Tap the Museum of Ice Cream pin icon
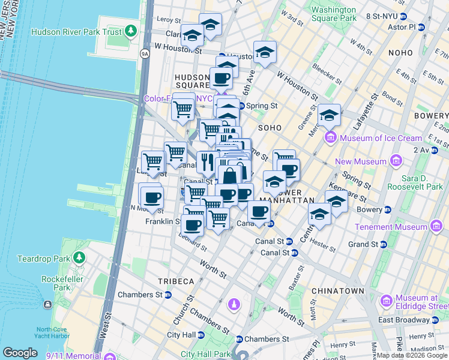click(x=330, y=139)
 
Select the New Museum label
click(x=360, y=161)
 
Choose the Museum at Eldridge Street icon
click(x=386, y=299)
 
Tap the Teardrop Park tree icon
click(x=79, y=258)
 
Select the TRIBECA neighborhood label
click(x=176, y=281)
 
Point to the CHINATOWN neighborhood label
click(x=338, y=291)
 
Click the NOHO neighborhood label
click(x=400, y=53)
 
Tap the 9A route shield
click(x=145, y=53)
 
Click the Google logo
click(x=20, y=353)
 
